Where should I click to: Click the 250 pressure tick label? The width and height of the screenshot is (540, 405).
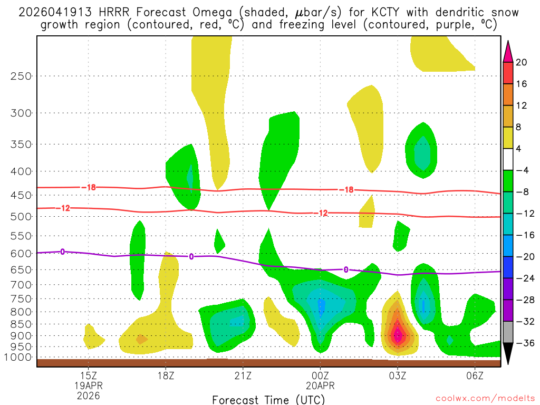click(21, 76)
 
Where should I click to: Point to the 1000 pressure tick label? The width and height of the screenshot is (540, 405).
click(18, 358)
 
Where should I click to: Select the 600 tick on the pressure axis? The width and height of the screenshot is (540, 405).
click(21, 253)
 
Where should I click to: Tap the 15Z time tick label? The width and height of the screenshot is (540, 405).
click(88, 375)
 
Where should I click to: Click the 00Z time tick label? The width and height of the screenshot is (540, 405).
click(320, 375)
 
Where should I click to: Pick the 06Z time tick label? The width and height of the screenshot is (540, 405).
click(475, 375)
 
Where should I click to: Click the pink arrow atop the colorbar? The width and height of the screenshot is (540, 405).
click(508, 51)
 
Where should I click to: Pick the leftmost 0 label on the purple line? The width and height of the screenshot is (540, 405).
click(62, 252)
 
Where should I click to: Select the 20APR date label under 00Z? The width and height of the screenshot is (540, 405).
click(320, 385)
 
